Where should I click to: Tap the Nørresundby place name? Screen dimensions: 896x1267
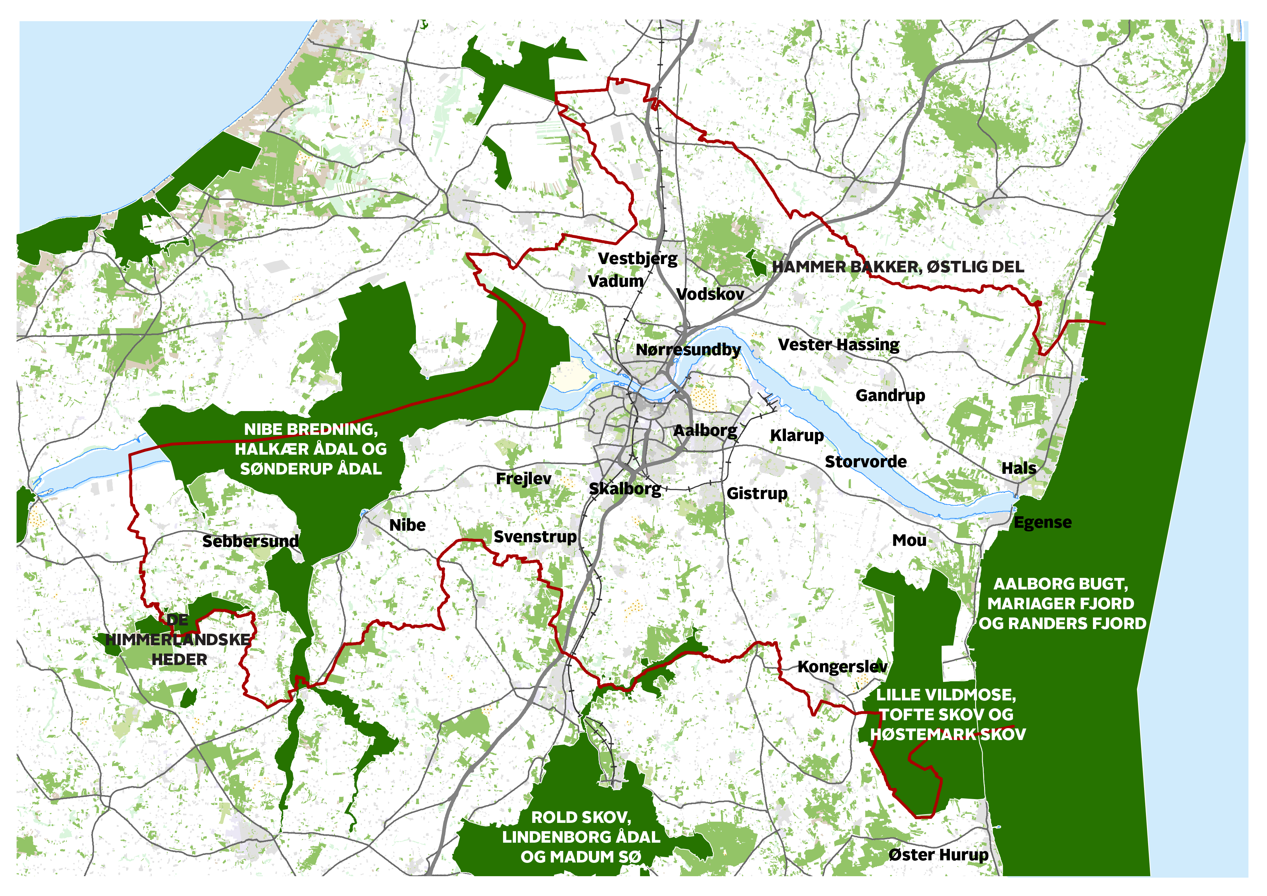click(x=688, y=350)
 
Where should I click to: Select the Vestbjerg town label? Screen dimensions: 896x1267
click(x=637, y=259)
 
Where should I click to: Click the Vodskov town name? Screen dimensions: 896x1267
click(x=710, y=294)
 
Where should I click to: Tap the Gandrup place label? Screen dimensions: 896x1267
click(x=890, y=396)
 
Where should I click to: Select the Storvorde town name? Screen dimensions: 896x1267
click(x=865, y=462)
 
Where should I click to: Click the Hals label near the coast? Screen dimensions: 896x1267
click(x=1019, y=468)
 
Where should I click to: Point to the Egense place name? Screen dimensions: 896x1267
click(x=1043, y=522)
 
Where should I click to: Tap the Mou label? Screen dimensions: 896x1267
click(x=909, y=540)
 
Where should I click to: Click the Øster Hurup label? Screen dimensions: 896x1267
click(x=938, y=855)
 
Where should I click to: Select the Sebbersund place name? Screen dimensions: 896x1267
click(x=250, y=541)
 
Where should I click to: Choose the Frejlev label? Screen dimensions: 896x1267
click(x=523, y=479)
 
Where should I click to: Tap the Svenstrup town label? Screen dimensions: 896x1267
click(x=535, y=537)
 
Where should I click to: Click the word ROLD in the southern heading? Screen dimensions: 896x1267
click(x=553, y=817)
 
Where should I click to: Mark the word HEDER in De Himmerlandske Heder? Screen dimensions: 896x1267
click(x=179, y=660)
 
